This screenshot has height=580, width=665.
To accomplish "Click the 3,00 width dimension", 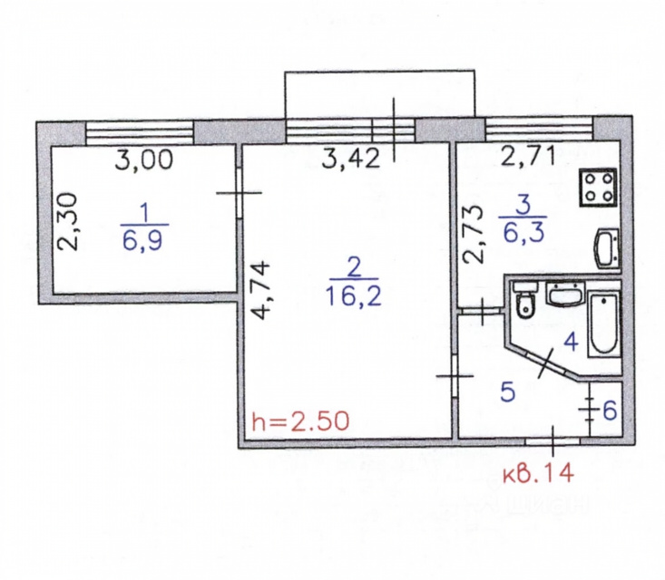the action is (x=144, y=160).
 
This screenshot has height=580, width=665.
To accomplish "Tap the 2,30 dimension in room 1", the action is (x=68, y=222).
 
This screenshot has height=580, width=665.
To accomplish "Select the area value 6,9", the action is (x=143, y=242).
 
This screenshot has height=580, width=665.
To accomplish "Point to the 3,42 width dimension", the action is (x=351, y=159).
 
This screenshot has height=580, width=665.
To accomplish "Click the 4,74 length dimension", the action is (x=259, y=291).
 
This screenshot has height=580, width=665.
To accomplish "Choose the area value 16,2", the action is (x=354, y=295).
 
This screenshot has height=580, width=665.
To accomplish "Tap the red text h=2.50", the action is (x=300, y=421).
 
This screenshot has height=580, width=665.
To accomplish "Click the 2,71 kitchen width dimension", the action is (x=528, y=157).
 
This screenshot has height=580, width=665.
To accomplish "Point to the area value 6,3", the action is (x=523, y=233).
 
